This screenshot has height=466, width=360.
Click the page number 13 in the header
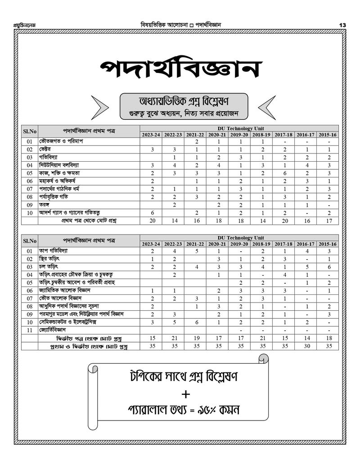[342, 25]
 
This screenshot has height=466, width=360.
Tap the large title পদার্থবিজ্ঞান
[180, 69]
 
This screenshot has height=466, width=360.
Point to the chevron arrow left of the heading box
[101, 108]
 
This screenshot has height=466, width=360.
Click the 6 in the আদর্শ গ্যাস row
[153, 213]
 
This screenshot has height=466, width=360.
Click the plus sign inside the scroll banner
[185, 395]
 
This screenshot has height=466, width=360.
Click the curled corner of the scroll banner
[264, 359]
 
